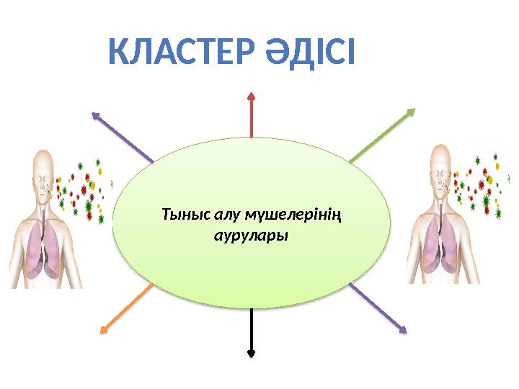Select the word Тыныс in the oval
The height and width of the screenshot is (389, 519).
(184, 214)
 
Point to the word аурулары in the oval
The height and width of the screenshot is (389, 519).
(252, 236)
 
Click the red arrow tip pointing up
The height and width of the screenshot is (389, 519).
(251, 94)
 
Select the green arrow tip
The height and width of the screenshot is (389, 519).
(412, 110)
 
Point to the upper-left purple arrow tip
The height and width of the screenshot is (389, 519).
(94, 113)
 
